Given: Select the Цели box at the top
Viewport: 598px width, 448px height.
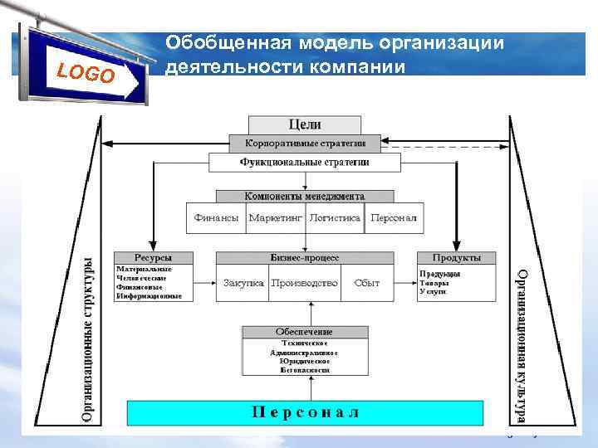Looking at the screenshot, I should [x=304, y=124].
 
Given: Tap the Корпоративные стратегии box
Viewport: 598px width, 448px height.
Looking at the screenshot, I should [x=305, y=144].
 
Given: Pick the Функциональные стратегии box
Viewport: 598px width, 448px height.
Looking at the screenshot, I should [x=305, y=163].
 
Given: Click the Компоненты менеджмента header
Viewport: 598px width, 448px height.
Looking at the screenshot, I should [x=304, y=197].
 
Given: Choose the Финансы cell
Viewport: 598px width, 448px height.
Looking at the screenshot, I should [x=217, y=217].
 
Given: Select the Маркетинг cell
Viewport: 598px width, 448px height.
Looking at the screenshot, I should [x=276, y=217].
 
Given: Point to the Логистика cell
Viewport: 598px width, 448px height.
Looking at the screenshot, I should [x=335, y=217].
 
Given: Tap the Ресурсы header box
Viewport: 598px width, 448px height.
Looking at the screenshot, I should [x=153, y=258].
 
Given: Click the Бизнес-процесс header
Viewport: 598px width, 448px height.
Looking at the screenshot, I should [x=304, y=258].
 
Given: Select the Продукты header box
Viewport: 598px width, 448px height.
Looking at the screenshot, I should [x=456, y=258].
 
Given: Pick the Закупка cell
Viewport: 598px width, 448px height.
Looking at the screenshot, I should [x=243, y=283].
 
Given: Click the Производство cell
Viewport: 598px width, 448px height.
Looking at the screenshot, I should [x=304, y=283].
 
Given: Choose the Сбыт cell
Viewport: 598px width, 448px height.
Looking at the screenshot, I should [x=366, y=283].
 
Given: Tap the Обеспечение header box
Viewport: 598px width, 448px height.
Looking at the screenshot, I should [x=305, y=332].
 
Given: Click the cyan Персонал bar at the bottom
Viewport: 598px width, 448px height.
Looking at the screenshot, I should [x=305, y=412].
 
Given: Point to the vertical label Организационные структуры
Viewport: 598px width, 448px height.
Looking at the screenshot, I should [x=89, y=340].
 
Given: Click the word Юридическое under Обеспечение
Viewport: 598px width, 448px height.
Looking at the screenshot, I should [x=305, y=361].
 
